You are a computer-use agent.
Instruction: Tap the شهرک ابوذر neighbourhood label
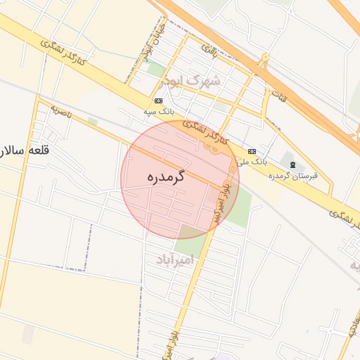pyautogui.click(x=190, y=80)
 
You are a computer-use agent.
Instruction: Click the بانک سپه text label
pyautogui.click(x=159, y=111)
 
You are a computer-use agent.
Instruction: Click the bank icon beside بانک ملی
pyautogui.click(x=252, y=152)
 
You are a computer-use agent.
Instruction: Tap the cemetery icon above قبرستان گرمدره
pyautogui.click(x=292, y=165)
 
